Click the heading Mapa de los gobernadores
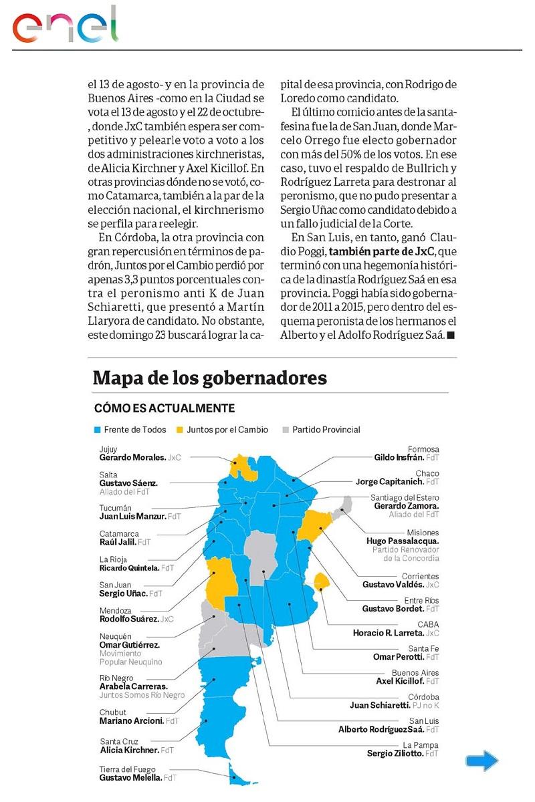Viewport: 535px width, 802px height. click(x=210, y=378)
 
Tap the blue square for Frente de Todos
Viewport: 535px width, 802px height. click(x=98, y=430)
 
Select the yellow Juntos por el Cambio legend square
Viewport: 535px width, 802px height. click(x=179, y=430)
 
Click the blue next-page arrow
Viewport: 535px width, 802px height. click(x=481, y=760)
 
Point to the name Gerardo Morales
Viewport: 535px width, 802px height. click(x=132, y=458)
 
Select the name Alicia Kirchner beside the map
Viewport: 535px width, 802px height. click(x=128, y=750)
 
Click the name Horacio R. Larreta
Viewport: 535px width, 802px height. click(x=388, y=632)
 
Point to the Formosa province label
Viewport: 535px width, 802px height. click(x=423, y=449)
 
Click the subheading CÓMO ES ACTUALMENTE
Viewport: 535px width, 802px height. click(x=164, y=408)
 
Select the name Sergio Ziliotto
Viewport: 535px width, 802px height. click(x=395, y=753)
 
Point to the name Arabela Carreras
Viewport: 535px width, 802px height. click(x=133, y=686)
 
